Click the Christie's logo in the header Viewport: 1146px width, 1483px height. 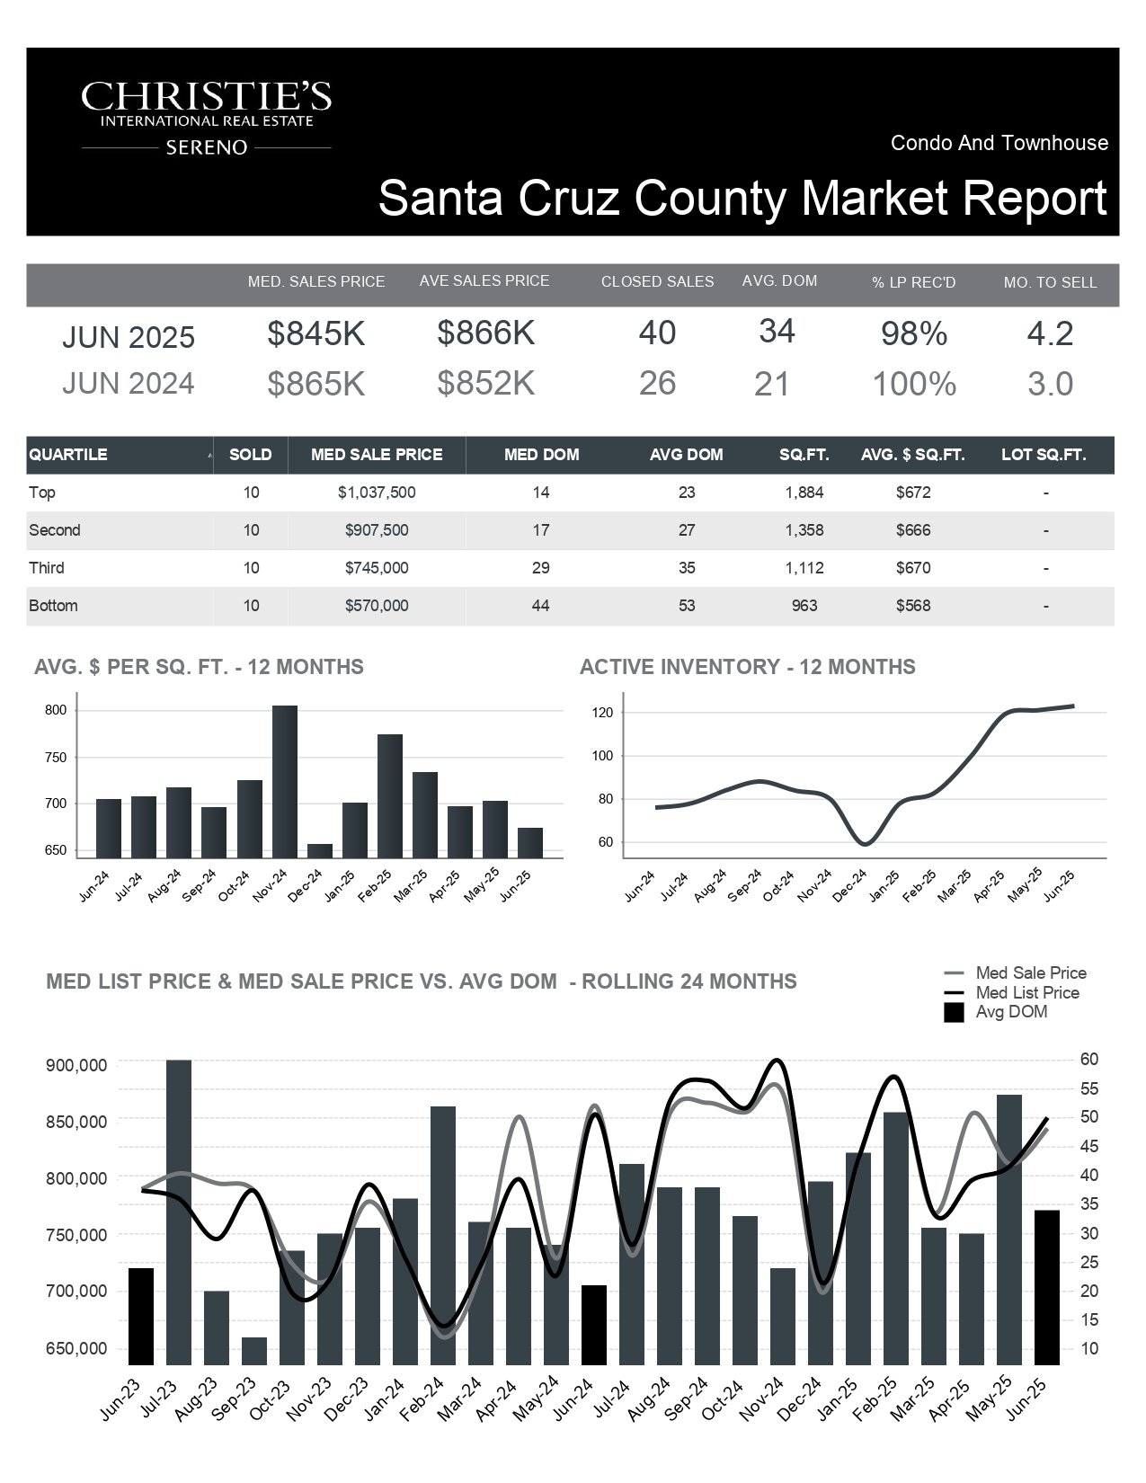pyautogui.click(x=206, y=118)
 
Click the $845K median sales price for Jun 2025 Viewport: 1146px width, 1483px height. pyautogui.click(x=316, y=333)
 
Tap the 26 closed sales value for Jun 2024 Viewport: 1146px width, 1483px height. pyautogui.click(x=657, y=383)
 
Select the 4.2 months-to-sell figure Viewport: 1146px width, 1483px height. pyautogui.click(x=1050, y=333)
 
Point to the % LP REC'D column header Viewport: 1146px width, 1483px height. pyautogui.click(x=913, y=282)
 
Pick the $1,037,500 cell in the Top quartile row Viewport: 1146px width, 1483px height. pyautogui.click(x=376, y=492)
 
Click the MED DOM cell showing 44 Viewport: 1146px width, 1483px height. pyautogui.click(x=540, y=606)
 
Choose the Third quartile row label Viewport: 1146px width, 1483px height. pyautogui.click(x=47, y=568)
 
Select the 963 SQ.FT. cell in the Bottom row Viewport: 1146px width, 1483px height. pyautogui.click(x=804, y=606)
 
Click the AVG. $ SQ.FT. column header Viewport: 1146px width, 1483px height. pyautogui.click(x=912, y=455)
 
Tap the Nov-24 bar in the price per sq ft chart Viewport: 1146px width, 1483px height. pyautogui.click(x=285, y=781)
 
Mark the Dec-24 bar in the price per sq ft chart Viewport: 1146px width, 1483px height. pyautogui.click(x=320, y=851)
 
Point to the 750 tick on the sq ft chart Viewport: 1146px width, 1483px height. pyautogui.click(x=56, y=757)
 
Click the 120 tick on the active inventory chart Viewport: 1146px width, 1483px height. pyautogui.click(x=603, y=713)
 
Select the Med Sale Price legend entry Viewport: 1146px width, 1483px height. pyautogui.click(x=1015, y=972)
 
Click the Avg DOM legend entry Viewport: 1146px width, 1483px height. pyautogui.click(x=996, y=1012)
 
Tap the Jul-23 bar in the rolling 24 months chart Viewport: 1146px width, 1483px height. pyautogui.click(x=179, y=1212)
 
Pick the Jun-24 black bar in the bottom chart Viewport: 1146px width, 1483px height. pyautogui.click(x=594, y=1326)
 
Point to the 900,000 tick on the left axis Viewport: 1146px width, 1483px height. pyautogui.click(x=76, y=1065)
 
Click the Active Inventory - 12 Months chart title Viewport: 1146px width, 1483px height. pyautogui.click(x=748, y=667)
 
